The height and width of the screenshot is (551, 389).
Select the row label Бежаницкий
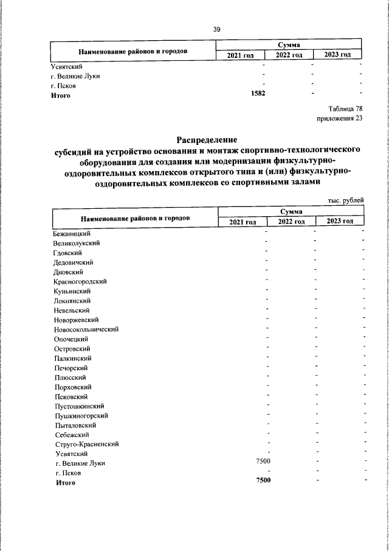click(72, 233)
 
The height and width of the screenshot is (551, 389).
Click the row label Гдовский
click(67, 253)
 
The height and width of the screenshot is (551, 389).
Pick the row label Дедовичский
click(73, 262)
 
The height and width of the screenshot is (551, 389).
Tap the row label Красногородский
click(80, 281)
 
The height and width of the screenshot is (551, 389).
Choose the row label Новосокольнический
click(86, 329)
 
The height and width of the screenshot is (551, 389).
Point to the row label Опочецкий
click(71, 339)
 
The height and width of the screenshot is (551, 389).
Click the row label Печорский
click(71, 368)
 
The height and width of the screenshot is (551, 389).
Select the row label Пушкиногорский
click(81, 415)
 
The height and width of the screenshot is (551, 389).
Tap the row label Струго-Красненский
click(86, 444)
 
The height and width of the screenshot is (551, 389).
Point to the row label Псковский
click(71, 396)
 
